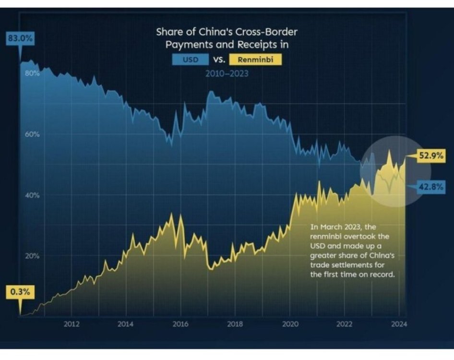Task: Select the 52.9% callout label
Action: tap(431, 156)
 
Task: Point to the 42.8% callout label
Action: tap(431, 186)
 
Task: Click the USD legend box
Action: tap(191, 60)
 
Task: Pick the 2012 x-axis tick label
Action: tap(72, 324)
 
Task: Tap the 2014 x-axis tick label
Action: tap(126, 324)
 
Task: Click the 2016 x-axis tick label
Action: tap(180, 324)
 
